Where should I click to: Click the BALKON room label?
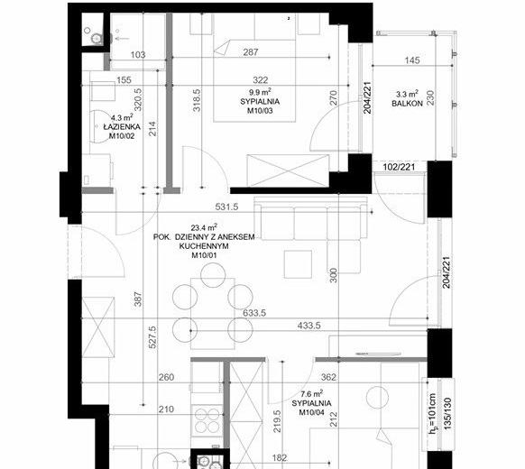point(407,104)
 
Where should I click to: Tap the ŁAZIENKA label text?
point(122,127)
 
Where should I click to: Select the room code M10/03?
point(260,110)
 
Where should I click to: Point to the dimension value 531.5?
point(226,207)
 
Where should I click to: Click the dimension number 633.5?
point(254,313)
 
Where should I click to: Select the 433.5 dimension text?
point(309,325)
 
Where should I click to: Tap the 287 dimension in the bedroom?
point(251,52)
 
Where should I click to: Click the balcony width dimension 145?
point(412,60)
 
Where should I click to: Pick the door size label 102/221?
point(399,167)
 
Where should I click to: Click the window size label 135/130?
point(447,414)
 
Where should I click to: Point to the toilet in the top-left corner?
point(95,38)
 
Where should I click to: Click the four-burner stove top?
point(207,421)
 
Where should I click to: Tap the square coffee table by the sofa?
point(298,264)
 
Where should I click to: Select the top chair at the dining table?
point(213,275)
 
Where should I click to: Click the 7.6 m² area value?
point(312,393)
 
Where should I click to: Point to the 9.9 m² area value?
point(260,91)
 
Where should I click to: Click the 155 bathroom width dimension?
point(124,80)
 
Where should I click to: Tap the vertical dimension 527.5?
point(152,337)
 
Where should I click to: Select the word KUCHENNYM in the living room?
point(204,246)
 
